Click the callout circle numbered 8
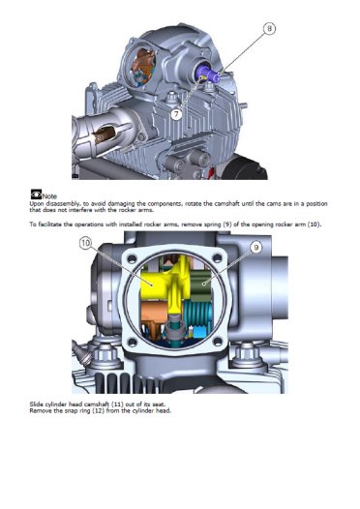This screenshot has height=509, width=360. coord(269,29)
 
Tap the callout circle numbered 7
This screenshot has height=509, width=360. coord(176,114)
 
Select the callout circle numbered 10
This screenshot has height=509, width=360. coord(85,243)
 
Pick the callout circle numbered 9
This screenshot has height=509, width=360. coord(256,248)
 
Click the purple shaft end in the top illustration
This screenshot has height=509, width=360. coord(209,73)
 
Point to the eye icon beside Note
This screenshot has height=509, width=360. coord(36,194)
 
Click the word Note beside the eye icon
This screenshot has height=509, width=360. coord(49,196)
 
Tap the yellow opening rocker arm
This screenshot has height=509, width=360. coord(165,284)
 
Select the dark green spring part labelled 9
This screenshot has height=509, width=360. coord(200,286)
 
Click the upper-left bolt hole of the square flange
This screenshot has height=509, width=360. coord(133,258)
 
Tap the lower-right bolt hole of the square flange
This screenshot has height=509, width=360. coord(217,342)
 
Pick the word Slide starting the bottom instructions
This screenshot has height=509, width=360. coord(36,404)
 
